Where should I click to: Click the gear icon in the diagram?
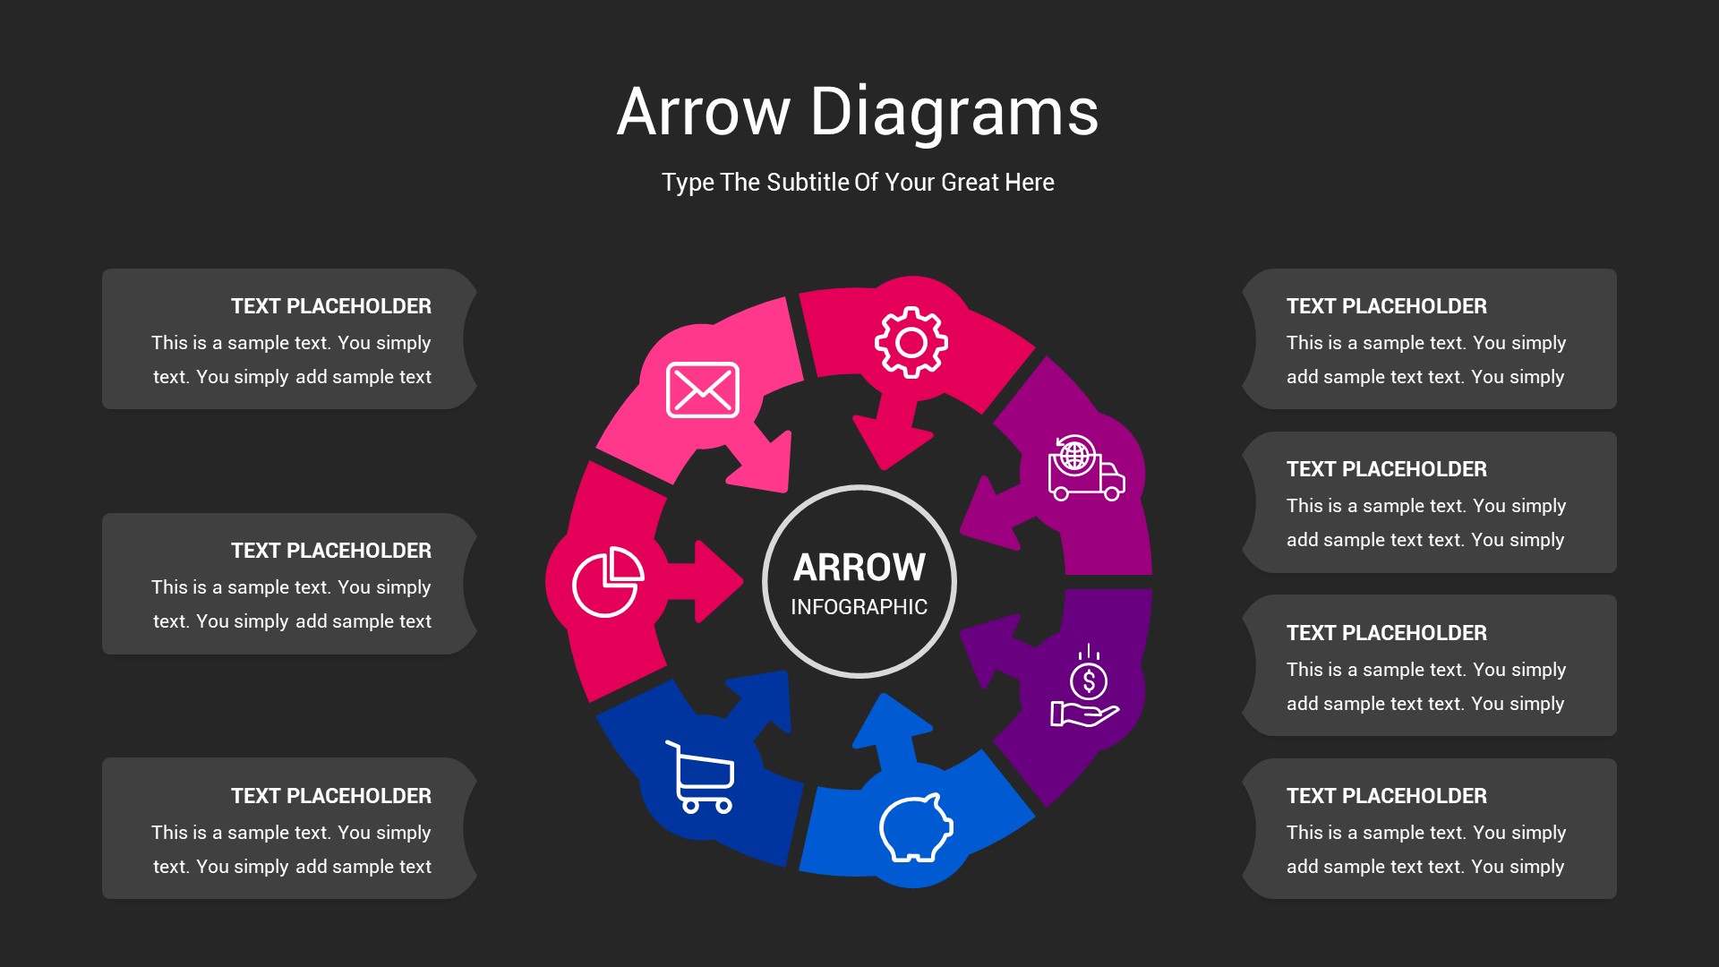tap(911, 342)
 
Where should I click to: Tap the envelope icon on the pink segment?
tap(703, 389)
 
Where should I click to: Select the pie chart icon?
tap(608, 581)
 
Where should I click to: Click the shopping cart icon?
tap(700, 776)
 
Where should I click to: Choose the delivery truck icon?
tap(1086, 467)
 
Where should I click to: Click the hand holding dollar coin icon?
tap(1085, 686)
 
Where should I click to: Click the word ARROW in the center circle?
tap(859, 567)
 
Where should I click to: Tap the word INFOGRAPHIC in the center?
tap(859, 607)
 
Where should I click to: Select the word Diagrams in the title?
tap(954, 112)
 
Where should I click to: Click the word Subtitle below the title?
tap(808, 182)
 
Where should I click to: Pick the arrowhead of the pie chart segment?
tap(718, 581)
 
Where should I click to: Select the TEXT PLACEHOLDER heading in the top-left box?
tap(331, 306)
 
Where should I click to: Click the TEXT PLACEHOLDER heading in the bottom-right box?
tap(1387, 796)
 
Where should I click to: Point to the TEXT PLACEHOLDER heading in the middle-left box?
tap(331, 551)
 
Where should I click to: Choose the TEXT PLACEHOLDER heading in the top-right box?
tap(1387, 306)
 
